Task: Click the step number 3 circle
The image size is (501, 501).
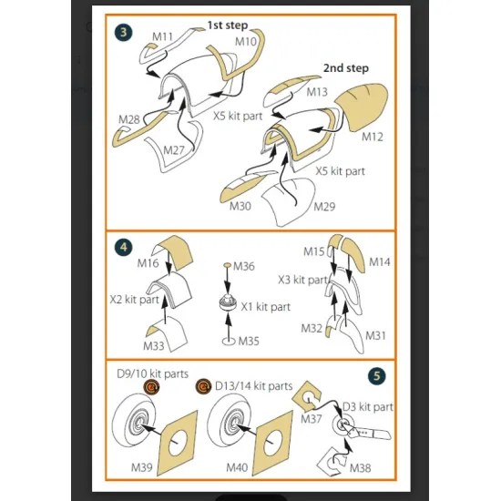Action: coord(123,32)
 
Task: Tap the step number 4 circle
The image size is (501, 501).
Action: coord(123,247)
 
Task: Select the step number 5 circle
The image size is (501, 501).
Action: coord(377,375)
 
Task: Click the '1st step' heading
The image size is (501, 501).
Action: coord(228,26)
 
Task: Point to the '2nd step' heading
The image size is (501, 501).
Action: coord(346,68)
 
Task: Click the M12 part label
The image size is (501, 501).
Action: coord(373,137)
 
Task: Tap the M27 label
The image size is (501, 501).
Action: coord(173,150)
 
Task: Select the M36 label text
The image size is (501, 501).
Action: coord(244,266)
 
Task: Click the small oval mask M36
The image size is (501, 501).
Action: coord(227,265)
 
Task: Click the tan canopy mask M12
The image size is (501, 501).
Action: coord(363,107)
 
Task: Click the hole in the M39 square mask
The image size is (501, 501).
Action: coord(178,443)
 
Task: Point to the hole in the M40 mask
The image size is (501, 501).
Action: coord(273,443)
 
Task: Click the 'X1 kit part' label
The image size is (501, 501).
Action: coord(265,307)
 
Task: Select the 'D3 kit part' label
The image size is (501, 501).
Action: coord(367,407)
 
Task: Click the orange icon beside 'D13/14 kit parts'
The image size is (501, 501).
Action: coord(203,386)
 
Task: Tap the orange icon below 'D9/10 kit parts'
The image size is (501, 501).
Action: coord(151,387)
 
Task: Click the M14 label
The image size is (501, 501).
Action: coord(380,262)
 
